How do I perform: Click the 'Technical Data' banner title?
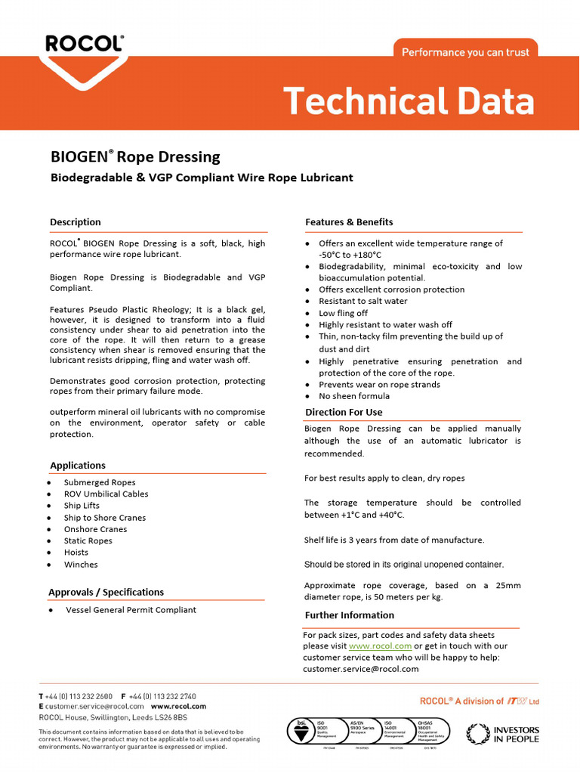[x=409, y=101]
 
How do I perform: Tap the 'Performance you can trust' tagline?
[x=465, y=52]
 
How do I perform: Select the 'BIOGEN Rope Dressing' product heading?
[x=135, y=157]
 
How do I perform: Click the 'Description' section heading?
[x=75, y=222]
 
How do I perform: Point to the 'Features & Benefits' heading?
[x=349, y=222]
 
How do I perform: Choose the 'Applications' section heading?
[x=78, y=466]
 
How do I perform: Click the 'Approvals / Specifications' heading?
[x=106, y=592]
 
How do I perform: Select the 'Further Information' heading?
[x=349, y=615]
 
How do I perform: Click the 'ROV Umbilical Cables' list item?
[x=106, y=494]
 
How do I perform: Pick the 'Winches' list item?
[x=81, y=565]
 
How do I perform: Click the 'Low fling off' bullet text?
[x=343, y=313]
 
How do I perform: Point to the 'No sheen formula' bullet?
[x=354, y=396]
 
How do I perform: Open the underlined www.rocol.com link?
[x=380, y=646]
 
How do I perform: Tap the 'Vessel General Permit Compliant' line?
[x=131, y=610]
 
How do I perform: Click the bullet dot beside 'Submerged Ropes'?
[x=50, y=483]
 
